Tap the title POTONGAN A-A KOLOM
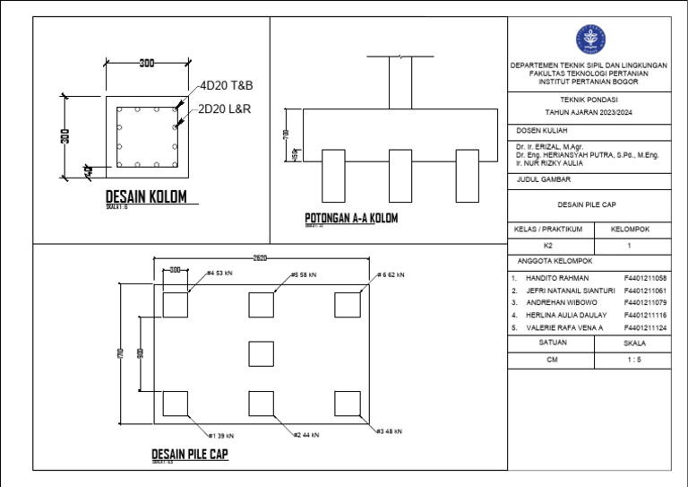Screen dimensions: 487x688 (x=351, y=218)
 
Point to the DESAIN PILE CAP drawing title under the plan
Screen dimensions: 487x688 (x=189, y=455)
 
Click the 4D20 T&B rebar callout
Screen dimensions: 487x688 (x=226, y=85)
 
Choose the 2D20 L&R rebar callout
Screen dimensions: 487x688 (x=225, y=109)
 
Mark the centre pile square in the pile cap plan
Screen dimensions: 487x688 (x=262, y=353)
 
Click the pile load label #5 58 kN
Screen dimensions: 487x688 (x=304, y=274)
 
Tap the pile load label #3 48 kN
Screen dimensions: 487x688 (x=388, y=431)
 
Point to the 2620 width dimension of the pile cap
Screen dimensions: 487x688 (x=259, y=257)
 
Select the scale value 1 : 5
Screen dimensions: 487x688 (x=633, y=360)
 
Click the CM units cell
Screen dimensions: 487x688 (x=551, y=360)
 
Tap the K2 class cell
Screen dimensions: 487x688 (x=549, y=245)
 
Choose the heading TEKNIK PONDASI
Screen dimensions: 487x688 (x=589, y=101)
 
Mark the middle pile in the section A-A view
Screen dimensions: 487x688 (x=400, y=175)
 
